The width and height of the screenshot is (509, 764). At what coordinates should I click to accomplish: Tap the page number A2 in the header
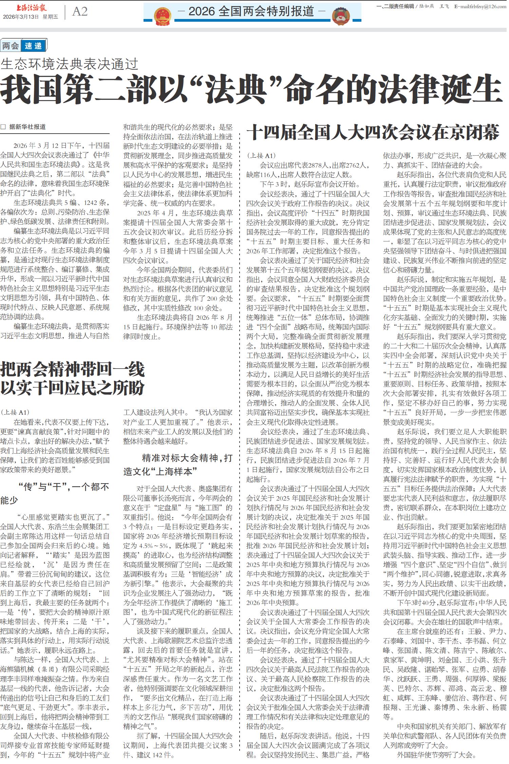[80, 12]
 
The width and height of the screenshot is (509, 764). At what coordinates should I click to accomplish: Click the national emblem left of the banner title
[163, 16]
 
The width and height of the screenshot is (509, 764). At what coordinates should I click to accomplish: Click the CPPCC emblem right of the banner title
[341, 16]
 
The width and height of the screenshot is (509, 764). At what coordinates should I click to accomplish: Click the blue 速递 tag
[33, 46]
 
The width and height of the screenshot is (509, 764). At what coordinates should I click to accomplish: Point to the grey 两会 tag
[11, 46]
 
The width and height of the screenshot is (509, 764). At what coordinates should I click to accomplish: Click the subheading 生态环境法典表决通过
[70, 64]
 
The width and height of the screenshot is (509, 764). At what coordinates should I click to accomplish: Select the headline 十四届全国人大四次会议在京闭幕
[373, 132]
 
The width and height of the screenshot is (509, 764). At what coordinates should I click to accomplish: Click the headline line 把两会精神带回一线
[73, 370]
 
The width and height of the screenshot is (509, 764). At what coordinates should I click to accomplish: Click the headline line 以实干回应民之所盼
[73, 388]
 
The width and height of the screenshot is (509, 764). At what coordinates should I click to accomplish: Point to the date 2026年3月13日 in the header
[21, 17]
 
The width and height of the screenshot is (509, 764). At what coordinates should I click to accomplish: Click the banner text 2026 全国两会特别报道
[251, 12]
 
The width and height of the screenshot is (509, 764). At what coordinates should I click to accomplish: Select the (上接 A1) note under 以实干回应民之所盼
[15, 412]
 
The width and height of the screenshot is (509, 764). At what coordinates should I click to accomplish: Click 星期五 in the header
[50, 17]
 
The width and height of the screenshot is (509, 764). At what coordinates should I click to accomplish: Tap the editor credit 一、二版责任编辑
[395, 6]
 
